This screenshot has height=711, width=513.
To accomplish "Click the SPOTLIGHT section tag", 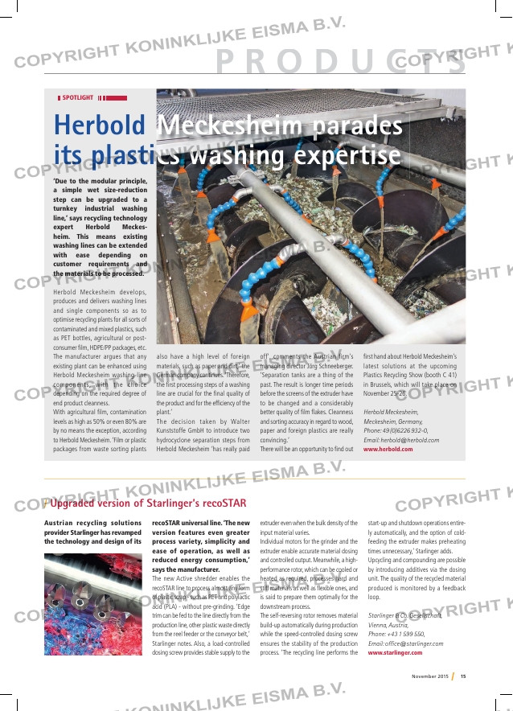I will [x=78, y=97].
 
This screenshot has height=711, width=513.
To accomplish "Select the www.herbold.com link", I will [x=388, y=449].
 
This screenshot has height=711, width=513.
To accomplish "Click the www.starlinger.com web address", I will [x=395, y=652].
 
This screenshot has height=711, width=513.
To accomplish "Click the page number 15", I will [x=463, y=676].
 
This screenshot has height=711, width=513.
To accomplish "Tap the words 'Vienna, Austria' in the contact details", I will [x=390, y=624].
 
